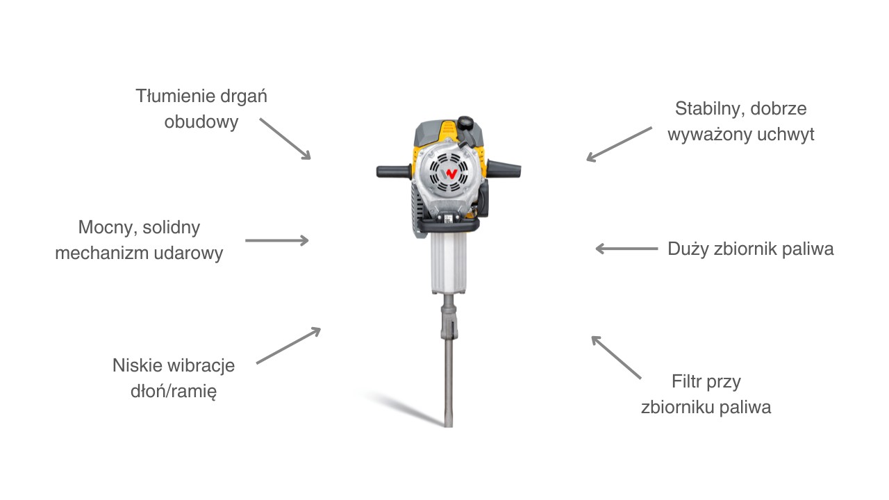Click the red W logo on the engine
[x=451, y=174]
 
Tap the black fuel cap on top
[x=465, y=123]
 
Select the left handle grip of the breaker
[x=393, y=172]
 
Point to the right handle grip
[x=504, y=169]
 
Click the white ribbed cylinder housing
[x=449, y=263]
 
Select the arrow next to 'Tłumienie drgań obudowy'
[x=285, y=139]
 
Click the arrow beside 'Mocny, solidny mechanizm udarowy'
[x=277, y=240]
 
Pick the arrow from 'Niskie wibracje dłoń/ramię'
[x=288, y=346]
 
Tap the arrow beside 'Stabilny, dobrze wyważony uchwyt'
[x=619, y=144]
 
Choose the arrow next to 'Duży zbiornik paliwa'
[x=626, y=249]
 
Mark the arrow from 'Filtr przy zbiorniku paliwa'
[x=616, y=358]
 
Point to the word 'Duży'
[x=688, y=249]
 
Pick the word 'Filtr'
[x=686, y=382]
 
